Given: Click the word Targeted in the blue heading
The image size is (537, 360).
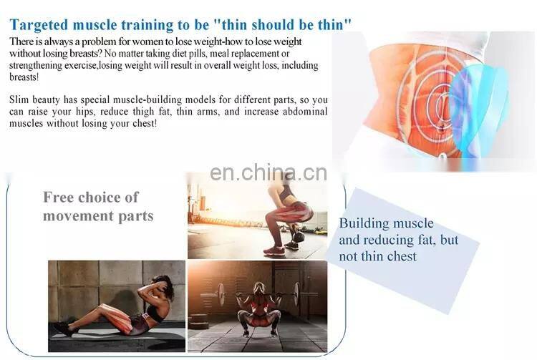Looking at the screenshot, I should click(x=40, y=25).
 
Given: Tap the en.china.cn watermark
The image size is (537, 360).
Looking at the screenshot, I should click(x=268, y=174).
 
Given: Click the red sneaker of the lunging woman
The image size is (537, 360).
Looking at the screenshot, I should click(x=274, y=250).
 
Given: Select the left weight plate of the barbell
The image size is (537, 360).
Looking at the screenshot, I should click(x=220, y=293).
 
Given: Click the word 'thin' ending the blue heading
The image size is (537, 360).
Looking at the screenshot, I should click(x=334, y=25).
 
